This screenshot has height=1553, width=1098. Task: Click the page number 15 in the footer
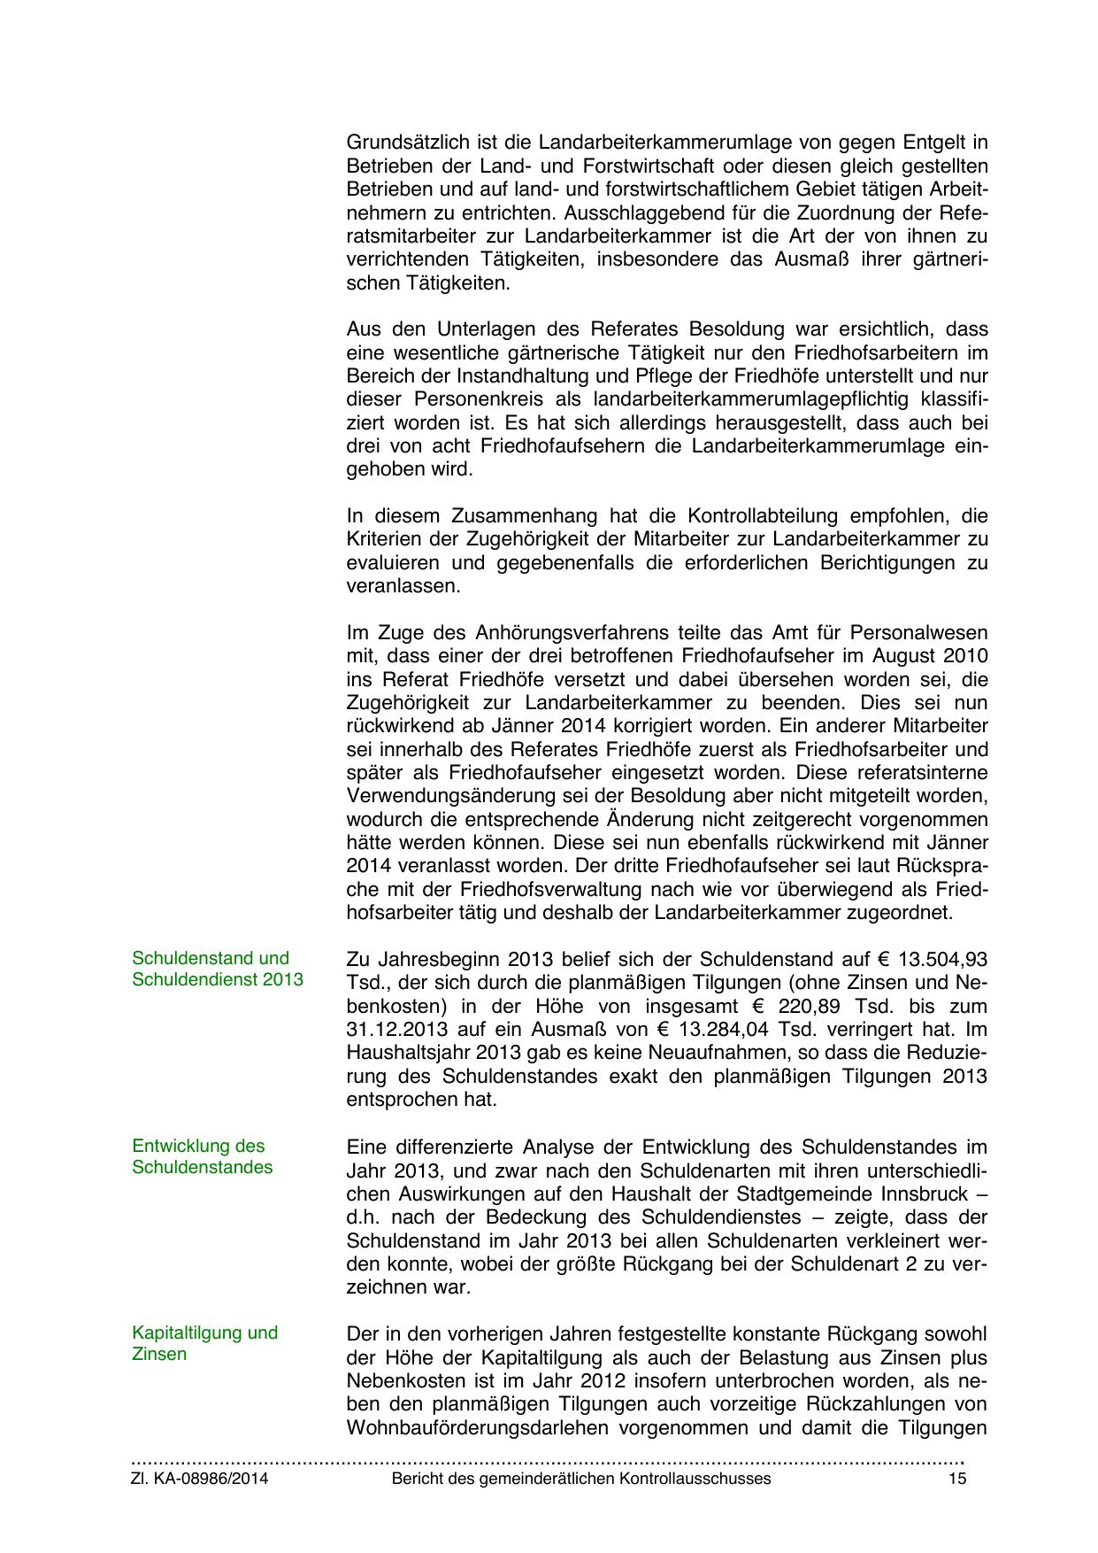956,1479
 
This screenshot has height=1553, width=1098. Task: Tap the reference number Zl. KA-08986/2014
200,1479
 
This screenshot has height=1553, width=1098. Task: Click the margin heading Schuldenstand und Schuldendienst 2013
217,969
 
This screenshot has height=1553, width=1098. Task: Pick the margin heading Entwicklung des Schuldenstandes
202,1156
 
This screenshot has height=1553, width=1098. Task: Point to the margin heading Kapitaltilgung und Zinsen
204,1343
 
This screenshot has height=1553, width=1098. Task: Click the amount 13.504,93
943,960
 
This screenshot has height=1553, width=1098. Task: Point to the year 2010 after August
967,657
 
